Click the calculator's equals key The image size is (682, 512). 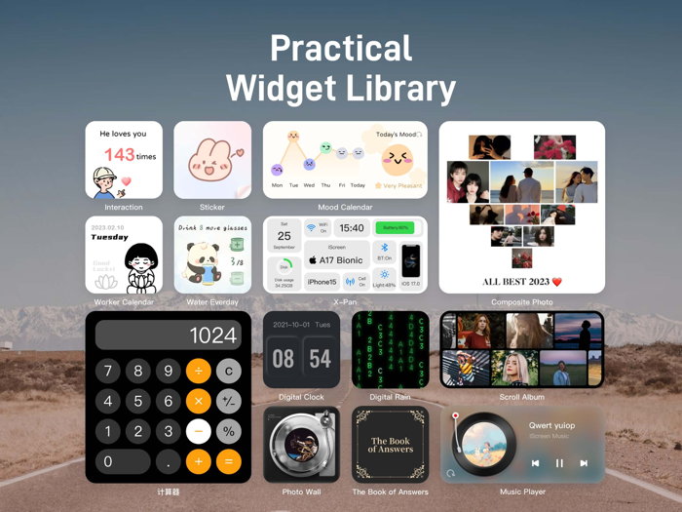coord(229,461)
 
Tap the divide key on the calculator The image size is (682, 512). coord(199,371)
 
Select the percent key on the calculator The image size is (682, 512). coord(229,431)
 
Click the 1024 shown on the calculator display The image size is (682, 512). coord(213,336)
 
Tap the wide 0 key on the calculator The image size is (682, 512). coord(122,461)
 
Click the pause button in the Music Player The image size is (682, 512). coord(559,463)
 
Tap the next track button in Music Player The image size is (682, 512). coord(584,463)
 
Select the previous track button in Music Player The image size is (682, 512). coord(535,463)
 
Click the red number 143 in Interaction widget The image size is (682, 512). coord(119,155)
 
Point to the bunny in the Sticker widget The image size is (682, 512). coord(211,161)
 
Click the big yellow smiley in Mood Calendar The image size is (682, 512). coord(397,159)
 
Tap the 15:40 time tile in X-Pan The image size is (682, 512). coord(352,228)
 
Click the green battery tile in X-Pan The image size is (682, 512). coord(396,228)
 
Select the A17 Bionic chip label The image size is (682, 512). coord(336,260)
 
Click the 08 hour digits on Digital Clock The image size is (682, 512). coord(284,359)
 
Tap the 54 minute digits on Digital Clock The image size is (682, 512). coord(321,359)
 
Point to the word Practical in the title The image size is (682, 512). coord(340,49)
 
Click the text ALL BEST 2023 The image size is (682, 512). coord(515,282)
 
